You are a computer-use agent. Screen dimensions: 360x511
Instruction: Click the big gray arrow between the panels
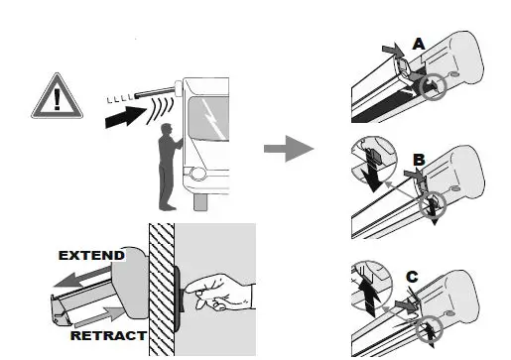point(288,150)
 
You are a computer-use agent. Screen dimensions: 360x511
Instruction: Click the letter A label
point(418,44)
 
